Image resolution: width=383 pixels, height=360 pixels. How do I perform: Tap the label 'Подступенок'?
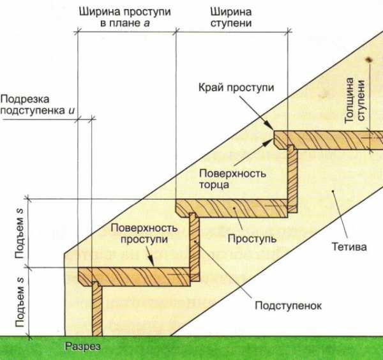(288, 305)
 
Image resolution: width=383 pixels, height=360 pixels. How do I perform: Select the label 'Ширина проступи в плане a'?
(121, 18)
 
